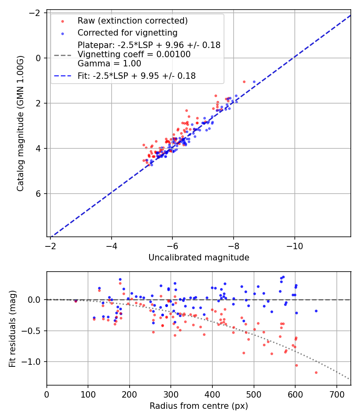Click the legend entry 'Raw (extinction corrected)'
(132, 21)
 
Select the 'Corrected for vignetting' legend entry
(127, 32)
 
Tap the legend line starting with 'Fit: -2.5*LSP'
(136, 76)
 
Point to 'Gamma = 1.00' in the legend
(109, 63)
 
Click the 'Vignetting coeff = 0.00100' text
(134, 54)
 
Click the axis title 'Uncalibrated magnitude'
(199, 258)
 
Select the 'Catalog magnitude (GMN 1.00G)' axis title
(21, 123)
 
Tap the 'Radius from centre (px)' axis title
(199, 406)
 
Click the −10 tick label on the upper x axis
(294, 244)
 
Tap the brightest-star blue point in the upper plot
(254, 82)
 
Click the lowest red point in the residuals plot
(316, 372)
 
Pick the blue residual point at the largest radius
(316, 311)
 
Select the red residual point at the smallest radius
(76, 301)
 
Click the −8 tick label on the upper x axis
(233, 244)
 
